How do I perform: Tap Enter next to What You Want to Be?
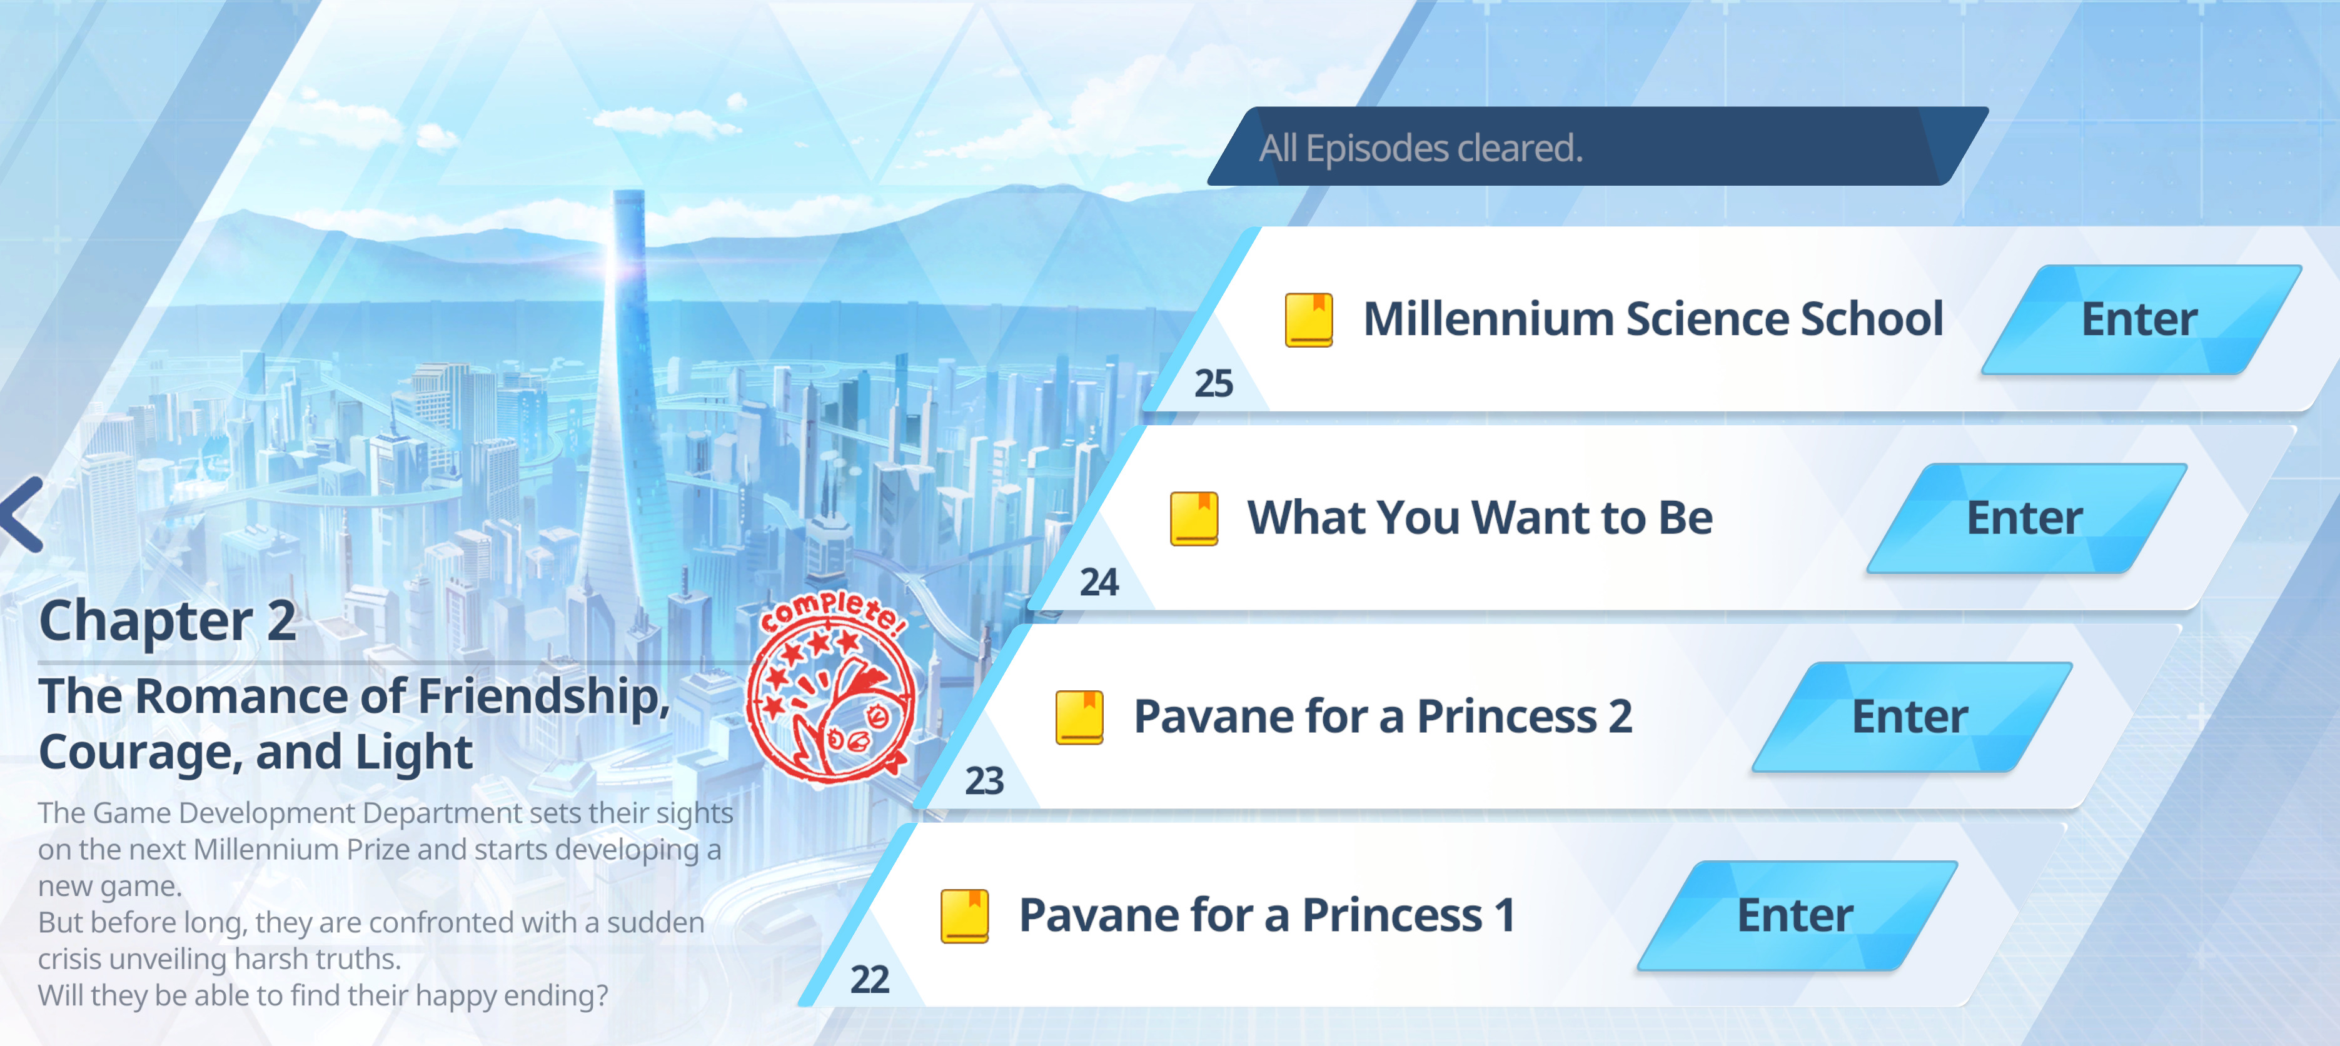click(2025, 518)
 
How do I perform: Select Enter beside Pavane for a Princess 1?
click(1796, 915)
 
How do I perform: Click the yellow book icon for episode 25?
click(1309, 319)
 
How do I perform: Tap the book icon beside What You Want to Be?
click(1194, 518)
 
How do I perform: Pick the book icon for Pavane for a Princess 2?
click(1079, 717)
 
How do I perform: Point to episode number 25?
click(1214, 384)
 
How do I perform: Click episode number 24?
click(1099, 583)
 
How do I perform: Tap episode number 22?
click(869, 980)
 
